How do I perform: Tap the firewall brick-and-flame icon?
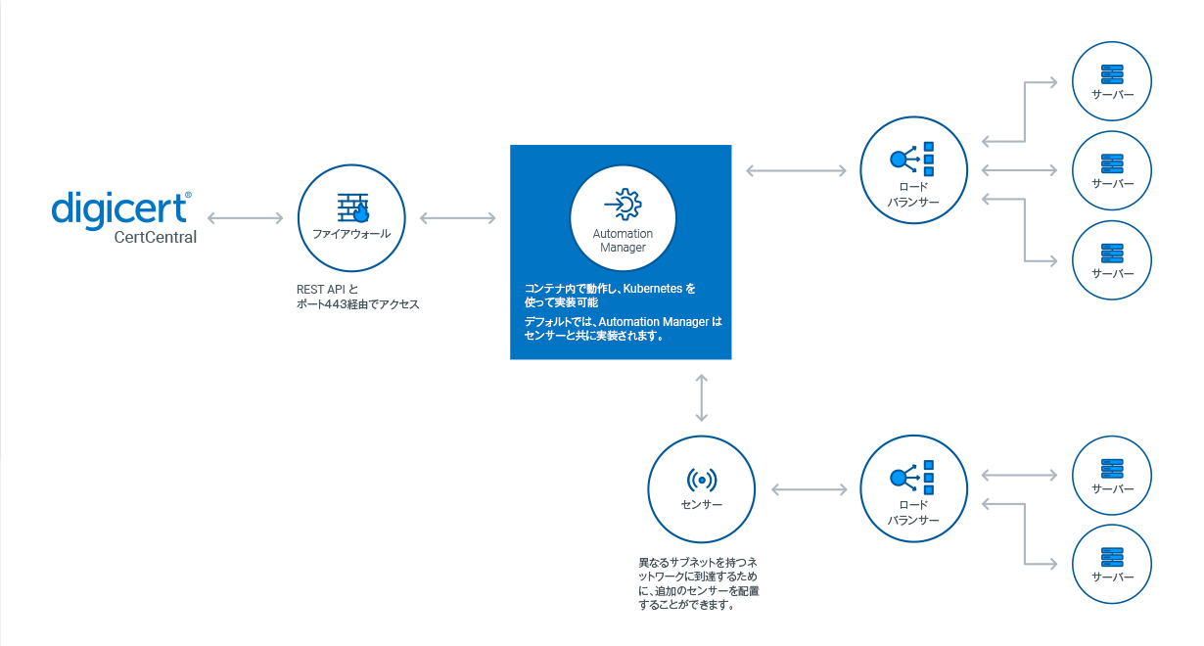point(351,208)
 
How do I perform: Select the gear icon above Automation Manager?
point(623,204)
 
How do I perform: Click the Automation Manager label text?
point(623,241)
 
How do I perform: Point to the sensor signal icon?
point(701,480)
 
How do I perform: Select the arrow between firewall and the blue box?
point(457,217)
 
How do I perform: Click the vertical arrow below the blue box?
point(702,397)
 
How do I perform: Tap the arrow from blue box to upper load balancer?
point(796,171)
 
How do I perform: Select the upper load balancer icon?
point(913,159)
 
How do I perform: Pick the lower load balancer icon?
point(913,477)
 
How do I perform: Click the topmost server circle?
point(1112,82)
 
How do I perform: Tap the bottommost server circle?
point(1112,564)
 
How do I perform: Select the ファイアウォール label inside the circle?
point(351,234)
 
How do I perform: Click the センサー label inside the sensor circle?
point(701,505)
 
